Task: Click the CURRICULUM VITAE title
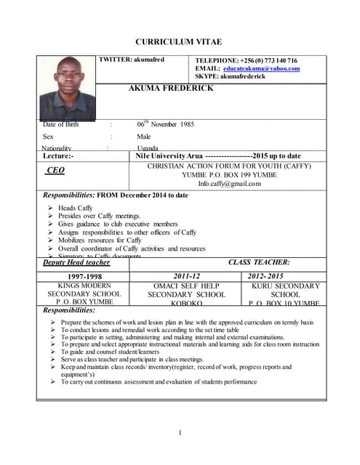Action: click(179, 41)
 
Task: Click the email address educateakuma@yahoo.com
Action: click(262, 68)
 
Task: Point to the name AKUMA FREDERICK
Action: click(170, 88)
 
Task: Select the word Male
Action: click(144, 137)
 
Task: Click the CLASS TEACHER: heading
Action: click(259, 262)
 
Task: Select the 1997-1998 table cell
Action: click(84, 277)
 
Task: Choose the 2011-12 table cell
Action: click(187, 277)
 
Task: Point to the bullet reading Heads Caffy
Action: click(76, 208)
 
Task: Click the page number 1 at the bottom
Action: click(180, 434)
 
